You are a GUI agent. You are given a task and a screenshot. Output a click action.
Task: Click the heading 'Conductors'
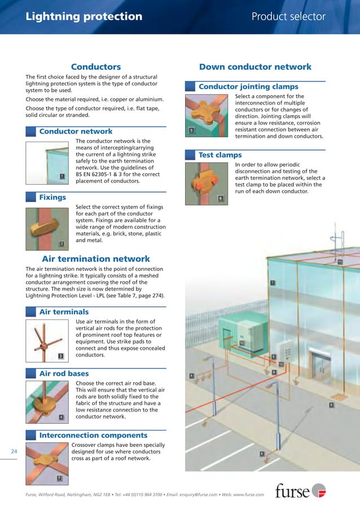click(x=96, y=67)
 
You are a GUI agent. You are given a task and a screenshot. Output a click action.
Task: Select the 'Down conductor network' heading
click(x=255, y=67)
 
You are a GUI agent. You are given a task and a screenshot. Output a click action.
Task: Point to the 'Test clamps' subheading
click(x=220, y=155)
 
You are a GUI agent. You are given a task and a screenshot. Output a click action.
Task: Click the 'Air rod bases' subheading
click(x=64, y=374)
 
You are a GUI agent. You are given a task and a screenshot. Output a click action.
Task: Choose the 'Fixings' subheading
click(x=52, y=198)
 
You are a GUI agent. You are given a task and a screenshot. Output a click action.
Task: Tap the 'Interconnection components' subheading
click(x=93, y=435)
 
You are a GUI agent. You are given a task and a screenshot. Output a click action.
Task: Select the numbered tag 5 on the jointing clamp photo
click(x=192, y=131)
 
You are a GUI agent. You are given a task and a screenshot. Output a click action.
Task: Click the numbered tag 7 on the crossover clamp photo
click(x=60, y=479)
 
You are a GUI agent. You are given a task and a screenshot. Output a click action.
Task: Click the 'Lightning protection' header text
click(x=84, y=16)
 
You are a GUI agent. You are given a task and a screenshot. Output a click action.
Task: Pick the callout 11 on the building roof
click(x=340, y=262)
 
